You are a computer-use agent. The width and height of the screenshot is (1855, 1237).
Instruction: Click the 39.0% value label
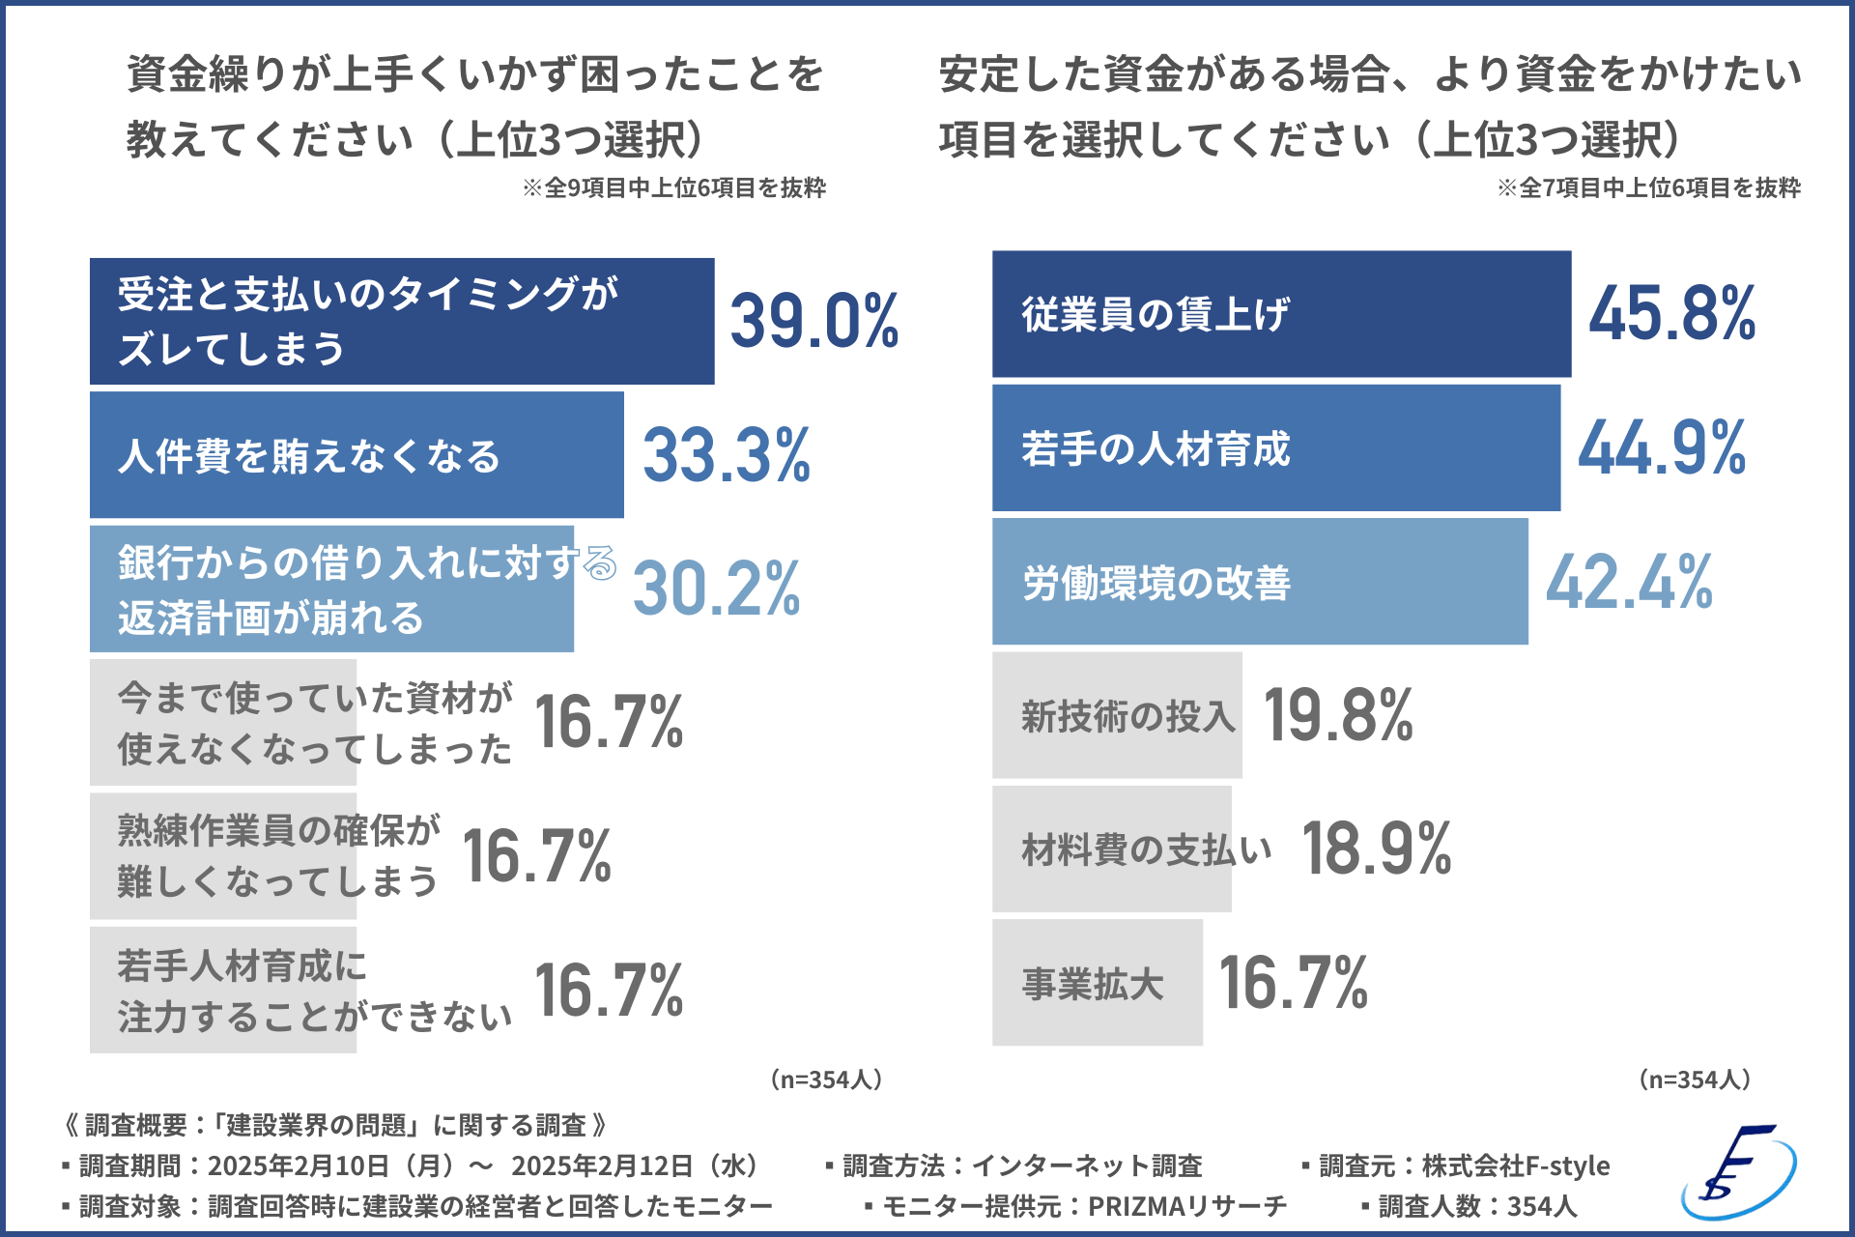click(813, 321)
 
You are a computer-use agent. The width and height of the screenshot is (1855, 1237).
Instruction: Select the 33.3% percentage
click(727, 455)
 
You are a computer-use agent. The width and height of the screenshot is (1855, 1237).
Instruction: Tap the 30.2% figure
click(716, 589)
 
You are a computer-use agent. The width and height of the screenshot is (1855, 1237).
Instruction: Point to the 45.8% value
click(1671, 314)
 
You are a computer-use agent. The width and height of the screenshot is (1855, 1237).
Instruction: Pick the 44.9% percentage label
click(1662, 448)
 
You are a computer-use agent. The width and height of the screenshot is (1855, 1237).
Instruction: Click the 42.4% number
click(1629, 583)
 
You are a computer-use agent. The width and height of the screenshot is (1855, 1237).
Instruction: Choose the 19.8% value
click(1338, 716)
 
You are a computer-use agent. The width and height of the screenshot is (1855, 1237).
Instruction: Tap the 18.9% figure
click(1377, 849)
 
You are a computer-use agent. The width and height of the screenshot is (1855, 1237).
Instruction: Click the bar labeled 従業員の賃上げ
click(1281, 314)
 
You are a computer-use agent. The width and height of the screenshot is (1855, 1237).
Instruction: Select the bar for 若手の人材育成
click(1275, 448)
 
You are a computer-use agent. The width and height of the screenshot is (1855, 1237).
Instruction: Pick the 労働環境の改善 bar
click(1260, 582)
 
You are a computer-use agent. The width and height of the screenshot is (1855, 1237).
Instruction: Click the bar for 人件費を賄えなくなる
click(356, 455)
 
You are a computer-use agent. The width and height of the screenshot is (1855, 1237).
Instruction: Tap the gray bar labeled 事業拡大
click(1097, 983)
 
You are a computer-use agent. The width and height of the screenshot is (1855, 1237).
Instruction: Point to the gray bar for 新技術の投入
click(1117, 716)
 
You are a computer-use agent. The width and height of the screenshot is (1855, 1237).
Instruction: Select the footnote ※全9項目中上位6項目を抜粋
click(674, 187)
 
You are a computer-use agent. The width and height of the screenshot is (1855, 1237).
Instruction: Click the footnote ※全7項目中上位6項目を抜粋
click(1649, 187)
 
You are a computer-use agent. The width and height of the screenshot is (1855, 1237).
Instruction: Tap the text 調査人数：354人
click(1469, 1206)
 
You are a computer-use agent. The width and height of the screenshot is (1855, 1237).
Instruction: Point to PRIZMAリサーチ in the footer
click(1187, 1206)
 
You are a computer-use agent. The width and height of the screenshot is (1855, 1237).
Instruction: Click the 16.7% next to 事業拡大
click(1293, 983)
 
